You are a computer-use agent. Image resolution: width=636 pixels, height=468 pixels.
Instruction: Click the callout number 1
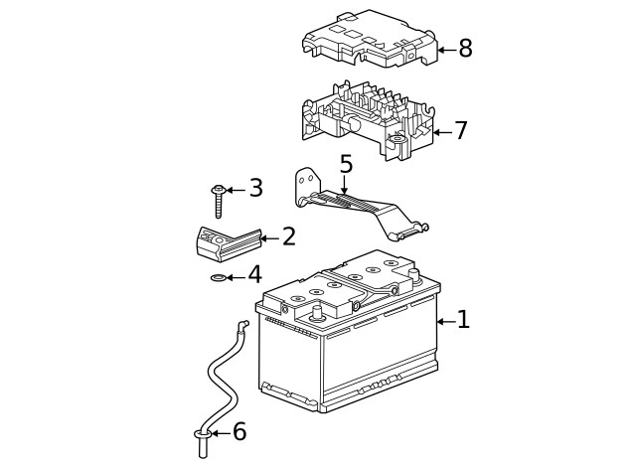click(463, 320)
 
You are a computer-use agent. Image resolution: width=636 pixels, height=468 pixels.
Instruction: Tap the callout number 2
click(288, 237)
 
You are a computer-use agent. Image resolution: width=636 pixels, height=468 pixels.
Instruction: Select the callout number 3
click(255, 188)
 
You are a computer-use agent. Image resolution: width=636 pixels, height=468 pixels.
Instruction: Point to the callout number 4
click(254, 275)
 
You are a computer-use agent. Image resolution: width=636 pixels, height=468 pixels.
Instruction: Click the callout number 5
click(345, 164)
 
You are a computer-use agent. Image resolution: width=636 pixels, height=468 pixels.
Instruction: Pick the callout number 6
click(238, 432)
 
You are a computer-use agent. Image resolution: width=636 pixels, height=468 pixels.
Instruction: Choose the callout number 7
click(460, 131)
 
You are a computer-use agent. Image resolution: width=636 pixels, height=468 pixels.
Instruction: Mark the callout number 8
click(465, 49)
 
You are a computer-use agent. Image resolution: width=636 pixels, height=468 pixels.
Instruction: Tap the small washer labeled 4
click(219, 277)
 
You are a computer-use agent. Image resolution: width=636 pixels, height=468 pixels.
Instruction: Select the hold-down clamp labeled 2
click(224, 242)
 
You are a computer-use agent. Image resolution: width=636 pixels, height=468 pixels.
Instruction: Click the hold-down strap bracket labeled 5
click(358, 207)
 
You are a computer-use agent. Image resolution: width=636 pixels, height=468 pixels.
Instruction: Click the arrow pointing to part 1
click(444, 320)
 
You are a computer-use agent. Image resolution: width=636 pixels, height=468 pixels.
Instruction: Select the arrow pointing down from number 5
click(345, 184)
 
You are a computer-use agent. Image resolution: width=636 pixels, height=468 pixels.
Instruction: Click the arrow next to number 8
click(445, 49)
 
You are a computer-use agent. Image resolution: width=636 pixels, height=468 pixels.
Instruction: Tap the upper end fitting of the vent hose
click(240, 324)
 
